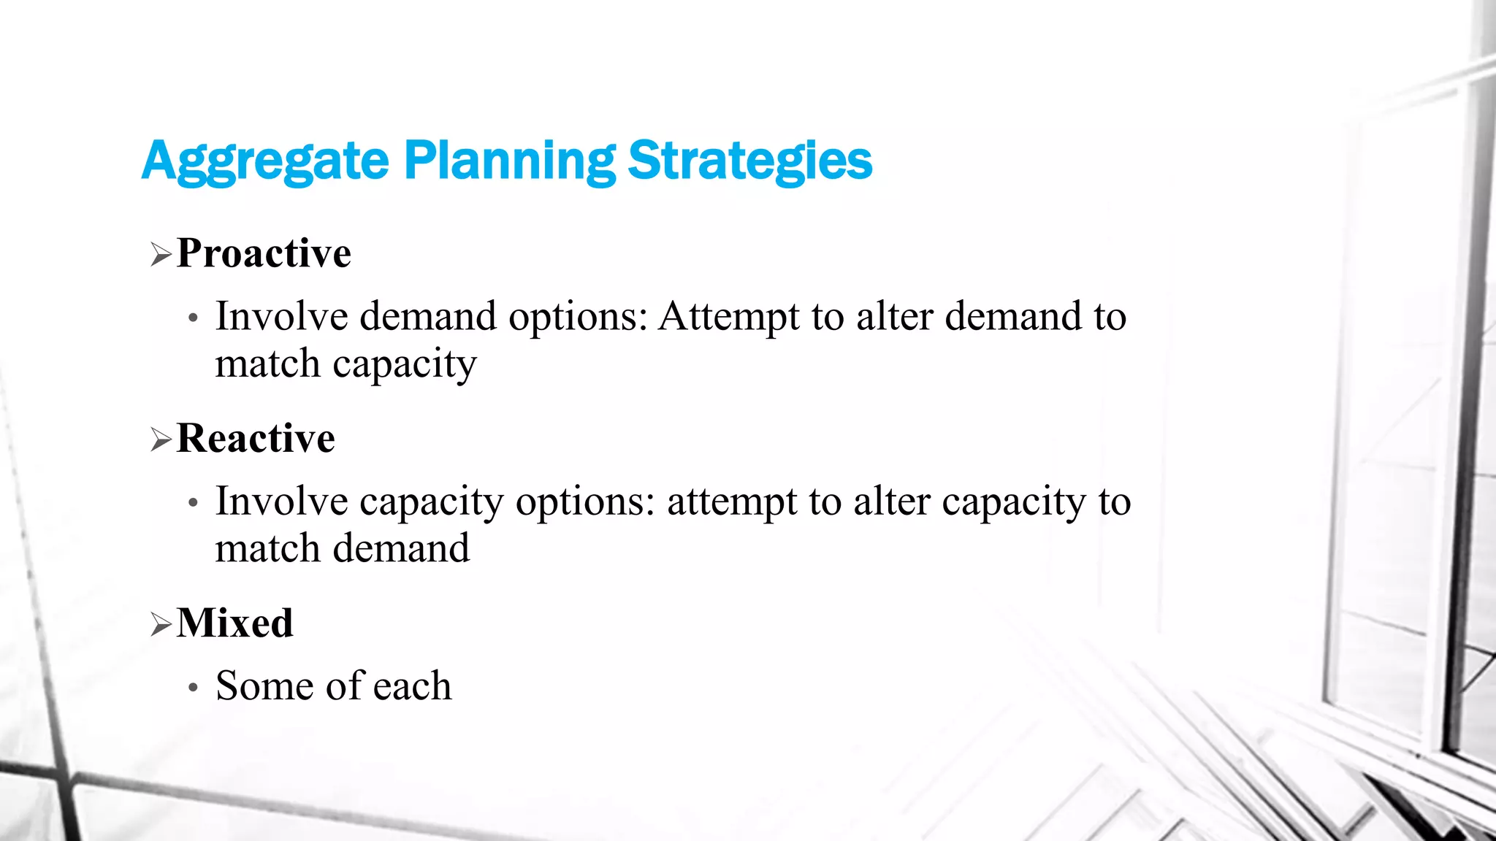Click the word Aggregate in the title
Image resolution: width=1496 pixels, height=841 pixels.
265,161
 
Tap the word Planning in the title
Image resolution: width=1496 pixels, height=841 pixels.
510,161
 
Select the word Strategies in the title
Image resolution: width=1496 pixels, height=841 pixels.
750,161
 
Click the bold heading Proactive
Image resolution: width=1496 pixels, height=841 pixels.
264,254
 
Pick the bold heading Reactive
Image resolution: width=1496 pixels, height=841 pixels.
256,439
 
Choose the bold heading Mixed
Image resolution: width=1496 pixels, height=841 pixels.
234,623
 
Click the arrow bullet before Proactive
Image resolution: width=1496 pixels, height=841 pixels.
161,256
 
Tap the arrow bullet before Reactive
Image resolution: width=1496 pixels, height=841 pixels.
161,440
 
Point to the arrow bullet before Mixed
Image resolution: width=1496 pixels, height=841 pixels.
161,625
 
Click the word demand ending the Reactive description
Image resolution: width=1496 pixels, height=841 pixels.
401,549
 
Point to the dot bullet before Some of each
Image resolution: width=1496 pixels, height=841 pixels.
193,688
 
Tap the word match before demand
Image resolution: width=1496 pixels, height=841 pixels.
267,549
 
